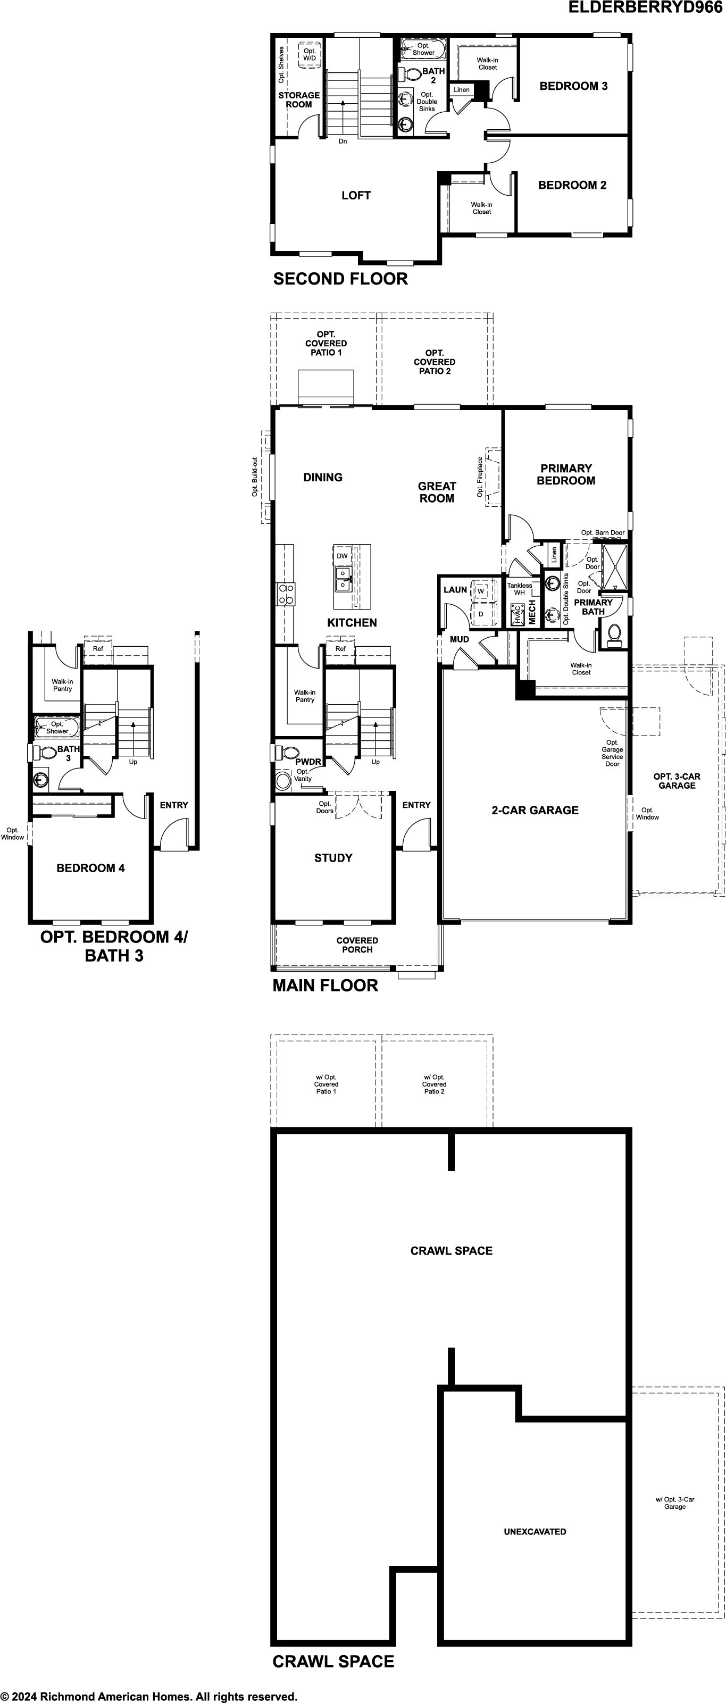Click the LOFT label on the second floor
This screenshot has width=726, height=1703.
click(x=356, y=195)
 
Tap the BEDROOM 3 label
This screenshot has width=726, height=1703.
click(x=573, y=86)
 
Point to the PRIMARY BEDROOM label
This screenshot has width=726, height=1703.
click(x=566, y=474)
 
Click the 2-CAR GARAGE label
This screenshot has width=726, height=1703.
click(x=535, y=810)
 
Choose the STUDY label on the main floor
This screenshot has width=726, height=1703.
click(x=333, y=857)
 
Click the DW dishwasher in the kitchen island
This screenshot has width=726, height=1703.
click(x=342, y=556)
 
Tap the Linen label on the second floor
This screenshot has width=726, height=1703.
click(x=462, y=90)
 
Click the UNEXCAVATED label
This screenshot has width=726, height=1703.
click(x=535, y=1531)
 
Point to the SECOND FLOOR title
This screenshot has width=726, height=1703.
click(x=340, y=279)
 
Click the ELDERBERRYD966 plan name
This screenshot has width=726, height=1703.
click(x=646, y=7)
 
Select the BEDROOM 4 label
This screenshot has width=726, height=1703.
click(x=90, y=868)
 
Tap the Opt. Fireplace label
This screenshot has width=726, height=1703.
click(x=480, y=477)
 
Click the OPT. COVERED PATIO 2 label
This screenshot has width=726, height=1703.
click(x=435, y=362)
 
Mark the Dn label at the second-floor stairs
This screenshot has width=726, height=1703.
click(x=343, y=141)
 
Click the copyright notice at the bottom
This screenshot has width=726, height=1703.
click(x=149, y=1696)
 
